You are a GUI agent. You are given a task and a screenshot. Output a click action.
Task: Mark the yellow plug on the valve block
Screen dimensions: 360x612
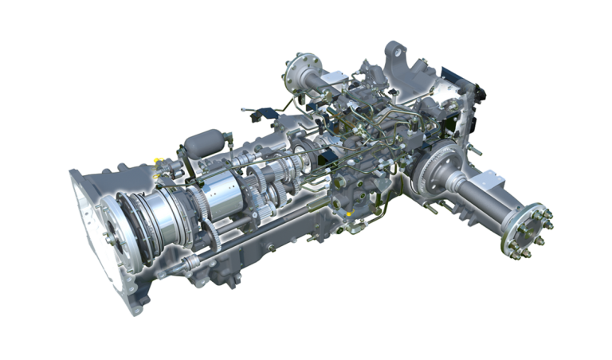(350, 213)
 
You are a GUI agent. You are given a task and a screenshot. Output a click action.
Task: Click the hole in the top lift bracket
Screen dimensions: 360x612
(394, 52)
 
